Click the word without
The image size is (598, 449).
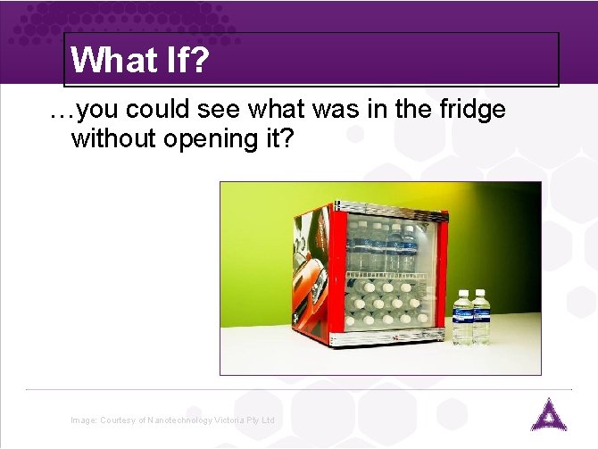click(x=118, y=138)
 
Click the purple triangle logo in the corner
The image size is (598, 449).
click(x=544, y=416)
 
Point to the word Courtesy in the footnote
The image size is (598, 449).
click(x=117, y=420)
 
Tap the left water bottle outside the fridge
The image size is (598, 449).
click(x=462, y=318)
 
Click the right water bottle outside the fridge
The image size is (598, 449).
click(x=481, y=318)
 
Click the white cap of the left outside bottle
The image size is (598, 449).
click(x=462, y=292)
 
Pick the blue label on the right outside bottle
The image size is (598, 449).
click(x=482, y=314)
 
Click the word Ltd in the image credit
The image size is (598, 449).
click(x=269, y=420)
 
